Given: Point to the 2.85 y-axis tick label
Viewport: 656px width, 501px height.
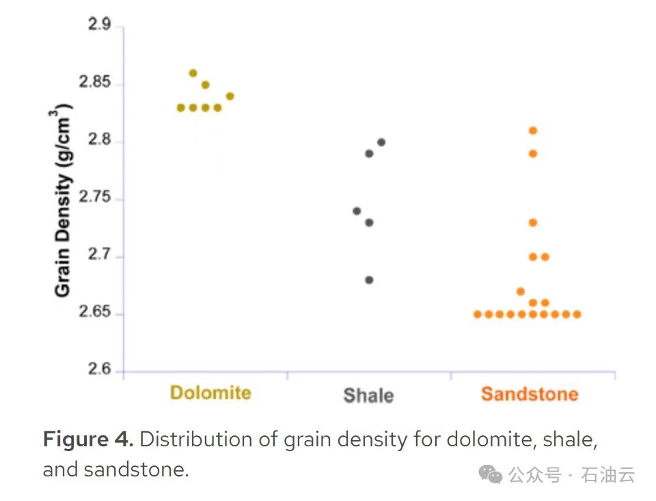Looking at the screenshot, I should [94, 83].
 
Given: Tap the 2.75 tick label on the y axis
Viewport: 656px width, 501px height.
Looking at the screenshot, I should [94, 198].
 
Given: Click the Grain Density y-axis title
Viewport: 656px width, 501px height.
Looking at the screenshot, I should [64, 200].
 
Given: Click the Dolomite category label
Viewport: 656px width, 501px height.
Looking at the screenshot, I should [210, 393].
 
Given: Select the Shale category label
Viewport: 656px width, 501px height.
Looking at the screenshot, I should [368, 395].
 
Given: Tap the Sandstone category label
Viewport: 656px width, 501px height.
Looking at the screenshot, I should [530, 394].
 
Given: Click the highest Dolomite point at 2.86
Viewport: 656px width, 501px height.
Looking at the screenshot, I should [193, 73].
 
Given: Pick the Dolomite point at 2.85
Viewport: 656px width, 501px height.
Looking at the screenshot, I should [205, 85].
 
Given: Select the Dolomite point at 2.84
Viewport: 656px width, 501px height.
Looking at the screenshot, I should [230, 96].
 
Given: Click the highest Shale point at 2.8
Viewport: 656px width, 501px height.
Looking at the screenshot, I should [381, 142].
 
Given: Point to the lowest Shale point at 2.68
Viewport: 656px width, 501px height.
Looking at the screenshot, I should [369, 280].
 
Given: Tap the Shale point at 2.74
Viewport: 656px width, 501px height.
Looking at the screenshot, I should [357, 211].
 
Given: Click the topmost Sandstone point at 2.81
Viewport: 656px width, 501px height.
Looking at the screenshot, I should [533, 131].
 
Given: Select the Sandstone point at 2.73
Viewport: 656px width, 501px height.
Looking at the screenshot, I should [533, 222].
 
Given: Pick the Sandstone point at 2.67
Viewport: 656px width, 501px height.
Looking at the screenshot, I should [521, 291].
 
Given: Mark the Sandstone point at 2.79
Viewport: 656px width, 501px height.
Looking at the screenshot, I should [533, 153].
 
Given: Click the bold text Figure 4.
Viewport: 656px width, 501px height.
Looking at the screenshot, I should [88, 439].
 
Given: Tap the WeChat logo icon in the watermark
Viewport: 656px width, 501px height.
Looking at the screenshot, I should [490, 474].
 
